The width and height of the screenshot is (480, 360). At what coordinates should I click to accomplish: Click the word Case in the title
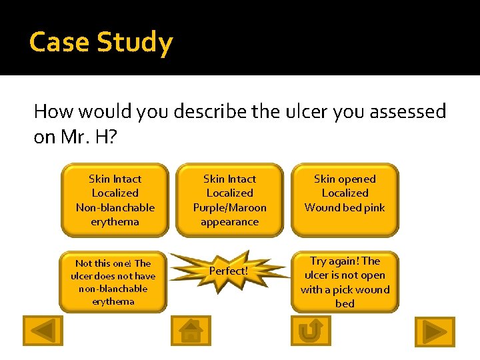point(60,43)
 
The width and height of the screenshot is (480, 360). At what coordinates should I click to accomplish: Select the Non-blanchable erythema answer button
point(115,200)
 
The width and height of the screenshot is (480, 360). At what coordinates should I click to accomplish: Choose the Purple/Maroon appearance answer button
point(229,200)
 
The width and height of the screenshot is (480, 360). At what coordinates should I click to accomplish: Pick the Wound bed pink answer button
point(345,200)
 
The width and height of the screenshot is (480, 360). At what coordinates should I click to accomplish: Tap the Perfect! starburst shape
point(229,271)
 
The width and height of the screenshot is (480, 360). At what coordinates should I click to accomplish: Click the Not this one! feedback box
point(113,282)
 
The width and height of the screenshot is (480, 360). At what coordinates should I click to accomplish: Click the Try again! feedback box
point(345,282)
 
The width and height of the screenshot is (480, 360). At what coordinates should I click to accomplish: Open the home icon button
point(191,331)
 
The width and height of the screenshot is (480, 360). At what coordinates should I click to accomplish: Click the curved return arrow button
point(310,331)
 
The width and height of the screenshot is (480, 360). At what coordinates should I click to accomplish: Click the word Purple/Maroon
point(229,207)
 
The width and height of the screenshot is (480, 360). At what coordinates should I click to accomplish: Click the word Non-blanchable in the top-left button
point(115,207)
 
